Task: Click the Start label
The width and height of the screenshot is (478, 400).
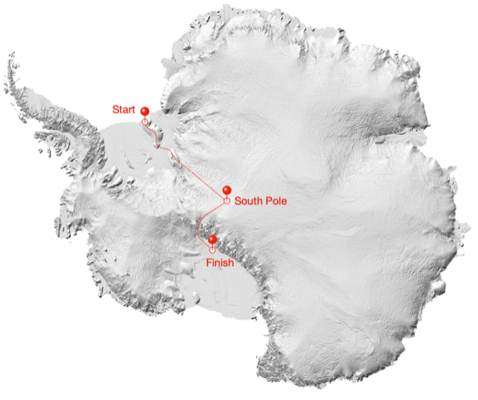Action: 124,109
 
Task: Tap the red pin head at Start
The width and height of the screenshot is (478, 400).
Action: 144,111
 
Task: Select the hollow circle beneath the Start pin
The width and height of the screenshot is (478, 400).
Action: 145,122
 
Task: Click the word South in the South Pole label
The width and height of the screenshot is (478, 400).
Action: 249,201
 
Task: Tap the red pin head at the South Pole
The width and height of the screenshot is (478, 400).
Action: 227,190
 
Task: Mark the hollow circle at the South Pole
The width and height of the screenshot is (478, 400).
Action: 227,201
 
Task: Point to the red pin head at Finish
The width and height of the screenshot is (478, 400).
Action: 212,239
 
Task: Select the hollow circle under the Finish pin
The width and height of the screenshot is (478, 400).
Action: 212,249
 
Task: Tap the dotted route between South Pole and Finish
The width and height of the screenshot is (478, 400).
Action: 209,217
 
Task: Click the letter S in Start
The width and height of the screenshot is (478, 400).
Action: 115,109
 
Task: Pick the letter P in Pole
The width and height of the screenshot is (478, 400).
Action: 269,201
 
